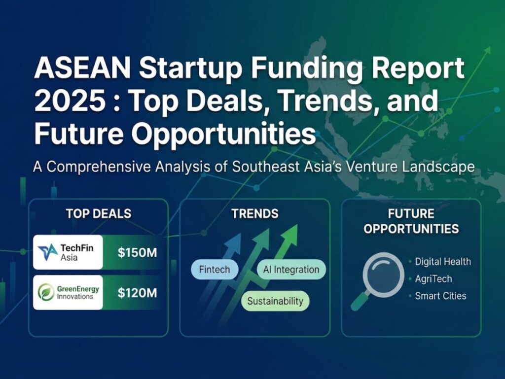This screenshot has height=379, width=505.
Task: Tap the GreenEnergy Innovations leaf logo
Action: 46,292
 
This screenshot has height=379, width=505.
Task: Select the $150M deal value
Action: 137,253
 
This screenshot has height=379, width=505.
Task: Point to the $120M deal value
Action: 137,293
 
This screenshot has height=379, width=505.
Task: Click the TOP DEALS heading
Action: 99,213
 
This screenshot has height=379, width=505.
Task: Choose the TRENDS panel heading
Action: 254,213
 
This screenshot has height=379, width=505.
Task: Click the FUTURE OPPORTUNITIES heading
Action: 411,221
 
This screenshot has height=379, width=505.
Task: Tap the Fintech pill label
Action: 214,270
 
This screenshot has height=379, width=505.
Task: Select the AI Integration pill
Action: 291,270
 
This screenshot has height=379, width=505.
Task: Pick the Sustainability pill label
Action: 275,301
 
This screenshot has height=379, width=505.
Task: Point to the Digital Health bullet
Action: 442,262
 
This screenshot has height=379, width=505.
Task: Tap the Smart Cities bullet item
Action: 440,296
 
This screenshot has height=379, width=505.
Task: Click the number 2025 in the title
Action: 64,101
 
